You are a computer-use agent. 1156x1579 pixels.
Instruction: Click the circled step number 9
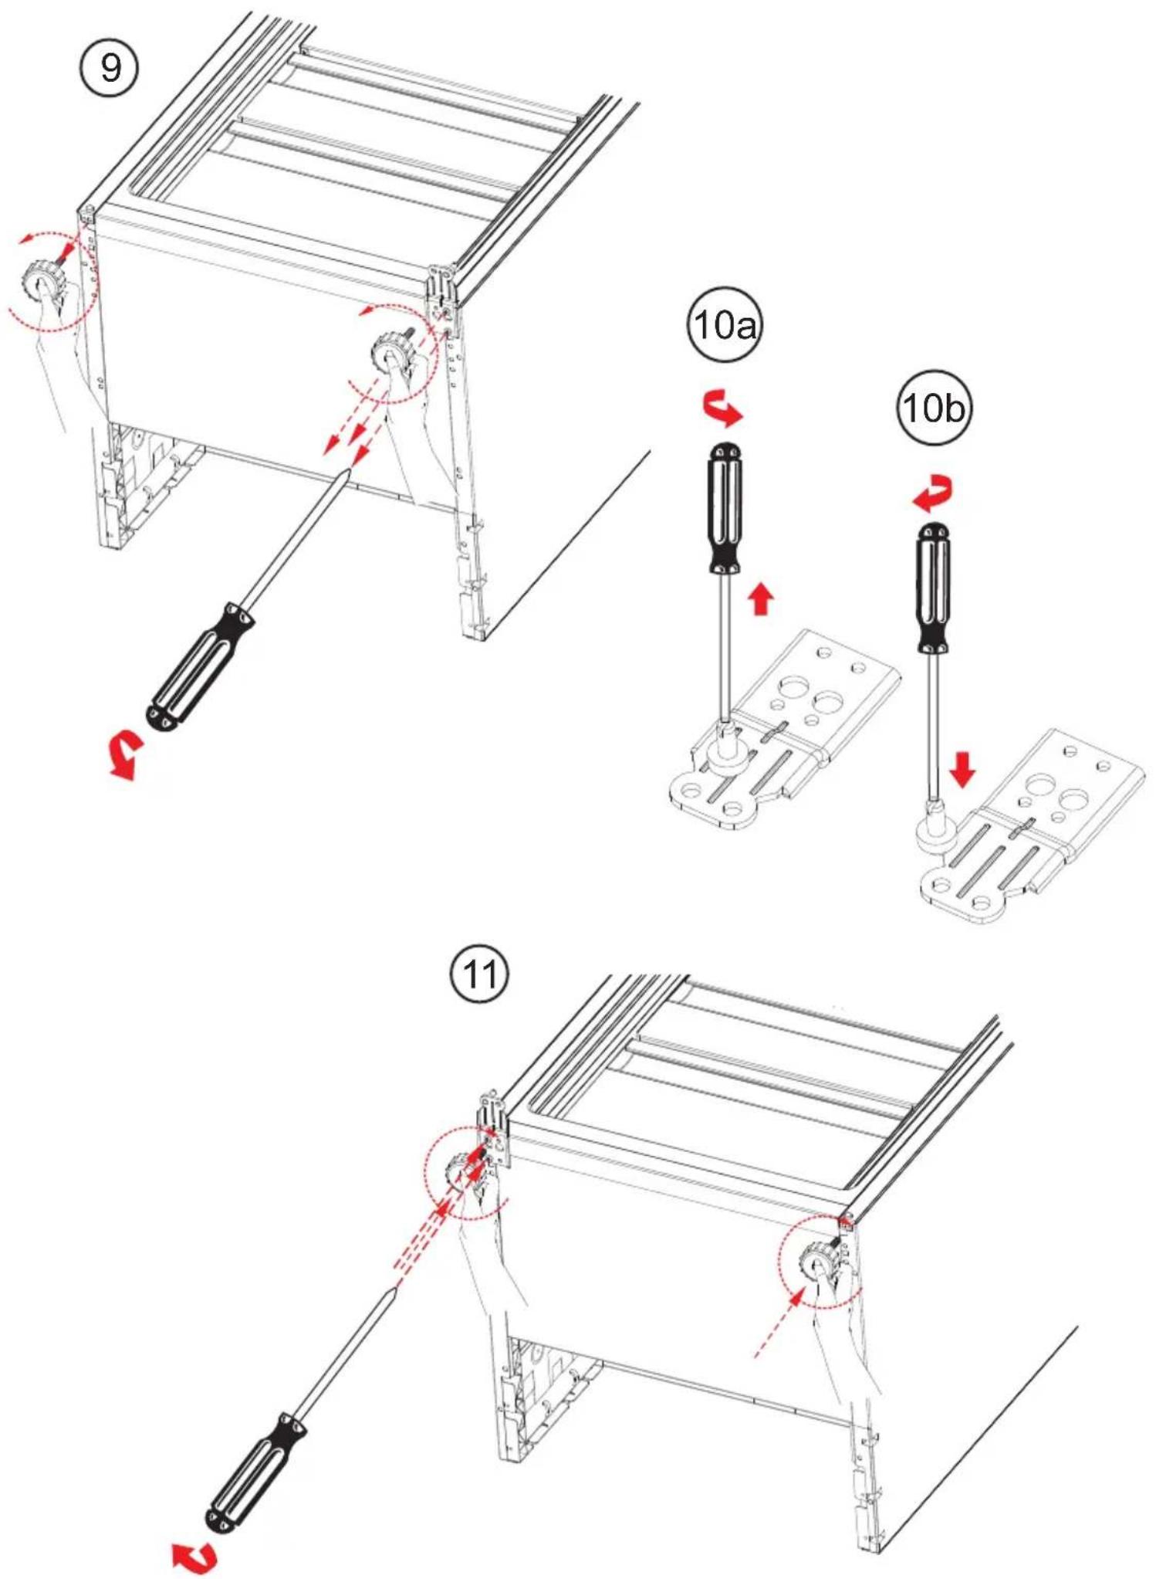pos(110,68)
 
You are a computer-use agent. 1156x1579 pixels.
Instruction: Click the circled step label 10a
pos(723,325)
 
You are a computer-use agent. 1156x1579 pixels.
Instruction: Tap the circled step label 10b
pos(933,407)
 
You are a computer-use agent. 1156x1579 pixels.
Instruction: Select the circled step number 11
pos(479,974)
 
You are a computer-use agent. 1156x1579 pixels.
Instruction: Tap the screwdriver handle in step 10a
pos(724,508)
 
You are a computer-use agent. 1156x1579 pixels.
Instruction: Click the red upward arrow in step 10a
pos(761,599)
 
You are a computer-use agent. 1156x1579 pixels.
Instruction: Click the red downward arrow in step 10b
pos(962,770)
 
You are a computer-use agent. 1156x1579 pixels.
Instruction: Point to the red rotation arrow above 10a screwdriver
pos(723,408)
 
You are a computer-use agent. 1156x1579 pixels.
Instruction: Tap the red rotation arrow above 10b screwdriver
pos(933,493)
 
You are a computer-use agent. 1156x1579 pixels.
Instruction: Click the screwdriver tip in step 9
pos(351,470)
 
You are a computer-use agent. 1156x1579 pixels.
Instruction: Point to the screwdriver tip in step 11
pos(395,1288)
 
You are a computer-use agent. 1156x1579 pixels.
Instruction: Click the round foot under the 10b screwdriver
pos(935,835)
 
